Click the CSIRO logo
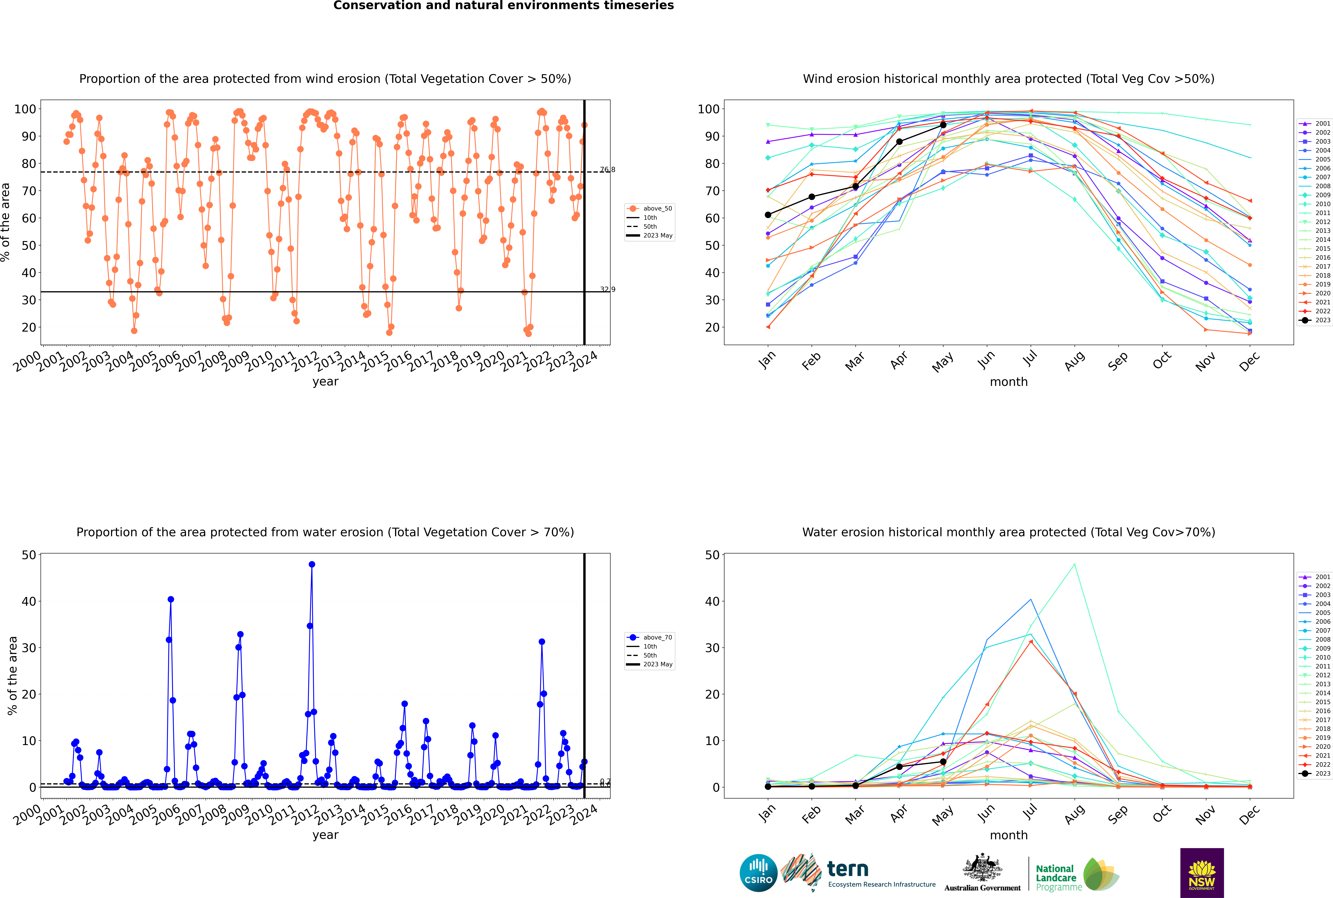click(x=758, y=873)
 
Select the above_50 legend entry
click(x=657, y=209)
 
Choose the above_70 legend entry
click(x=657, y=637)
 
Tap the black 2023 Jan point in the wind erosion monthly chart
click(x=768, y=215)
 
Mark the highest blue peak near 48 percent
click(x=312, y=564)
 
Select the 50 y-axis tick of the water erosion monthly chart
click(x=712, y=555)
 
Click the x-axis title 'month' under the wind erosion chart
click(x=1009, y=382)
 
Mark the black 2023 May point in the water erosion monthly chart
click(x=943, y=762)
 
